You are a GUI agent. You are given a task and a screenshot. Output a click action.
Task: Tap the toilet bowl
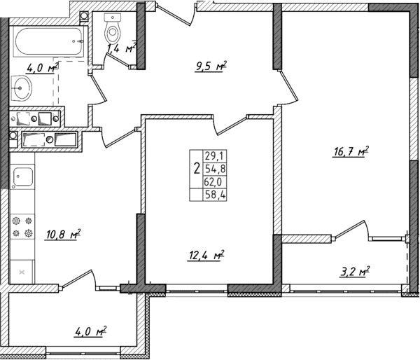(x=112, y=30)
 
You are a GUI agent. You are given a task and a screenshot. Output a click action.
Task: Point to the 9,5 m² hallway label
(x=210, y=67)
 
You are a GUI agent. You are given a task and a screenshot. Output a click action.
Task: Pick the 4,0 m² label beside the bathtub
(x=41, y=68)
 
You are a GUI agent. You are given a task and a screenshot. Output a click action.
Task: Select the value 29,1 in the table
(x=211, y=157)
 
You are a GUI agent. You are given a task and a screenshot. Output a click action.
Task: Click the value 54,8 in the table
(x=211, y=169)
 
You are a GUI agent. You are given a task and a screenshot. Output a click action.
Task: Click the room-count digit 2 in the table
(x=195, y=169)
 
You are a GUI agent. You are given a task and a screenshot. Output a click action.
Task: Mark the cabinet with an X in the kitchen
(x=22, y=270)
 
